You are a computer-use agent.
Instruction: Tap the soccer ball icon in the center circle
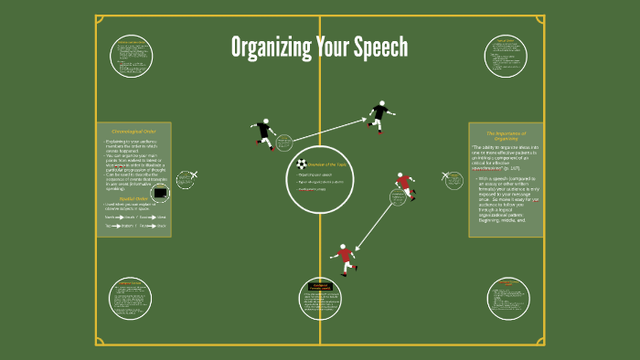point(302,164)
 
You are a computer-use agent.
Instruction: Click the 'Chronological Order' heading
point(133,132)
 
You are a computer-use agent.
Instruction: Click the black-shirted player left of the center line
point(264,133)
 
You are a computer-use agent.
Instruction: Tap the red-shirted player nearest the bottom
point(344,259)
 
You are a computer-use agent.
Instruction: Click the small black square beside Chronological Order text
point(161,193)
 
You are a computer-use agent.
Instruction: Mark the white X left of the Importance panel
point(446,175)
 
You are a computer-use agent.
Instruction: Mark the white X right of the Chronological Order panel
point(195,174)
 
